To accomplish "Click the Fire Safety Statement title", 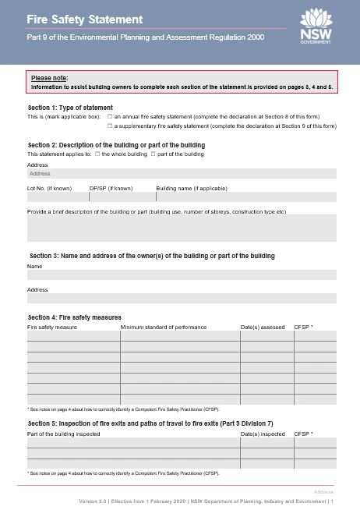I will point(74,18).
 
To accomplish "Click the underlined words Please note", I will point(49,78).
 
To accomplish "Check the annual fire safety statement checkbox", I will point(110,115).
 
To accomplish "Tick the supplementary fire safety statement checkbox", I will point(110,126).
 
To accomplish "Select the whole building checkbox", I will point(96,154).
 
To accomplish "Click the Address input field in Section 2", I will point(182,174).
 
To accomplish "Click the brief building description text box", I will point(182,228).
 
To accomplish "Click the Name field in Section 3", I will point(182,274).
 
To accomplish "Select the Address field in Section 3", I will point(182,298).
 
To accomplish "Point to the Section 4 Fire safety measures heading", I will point(75,317).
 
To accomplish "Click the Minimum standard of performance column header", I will point(164,327).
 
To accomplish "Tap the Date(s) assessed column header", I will point(263,327).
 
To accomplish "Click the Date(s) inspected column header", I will point(263,433).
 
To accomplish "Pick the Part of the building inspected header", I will point(64,433).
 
